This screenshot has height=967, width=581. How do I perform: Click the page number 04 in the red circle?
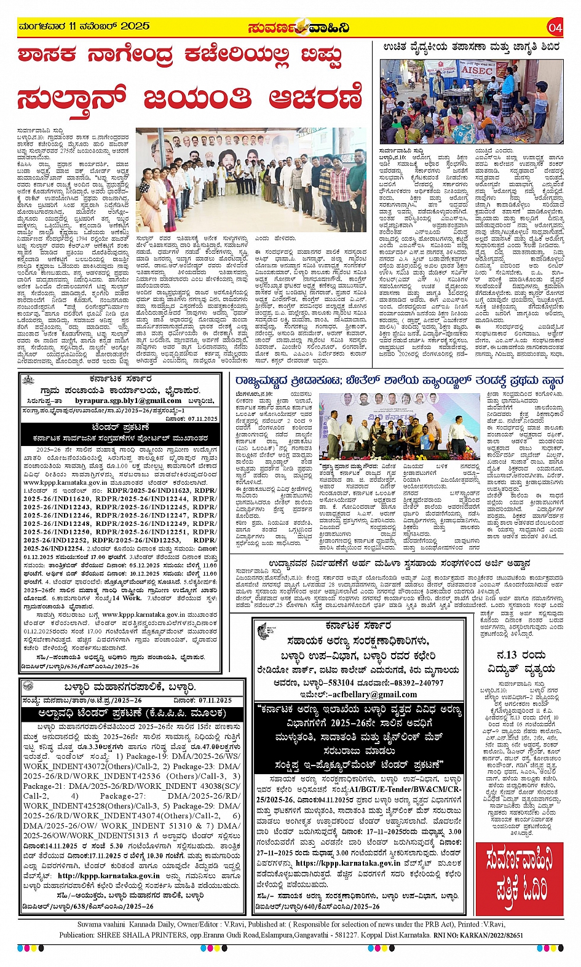[x=555, y=27]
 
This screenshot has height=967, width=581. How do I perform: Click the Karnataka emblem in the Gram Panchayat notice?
[x=29, y=383]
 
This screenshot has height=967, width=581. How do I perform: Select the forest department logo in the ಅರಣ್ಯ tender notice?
[x=264, y=630]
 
